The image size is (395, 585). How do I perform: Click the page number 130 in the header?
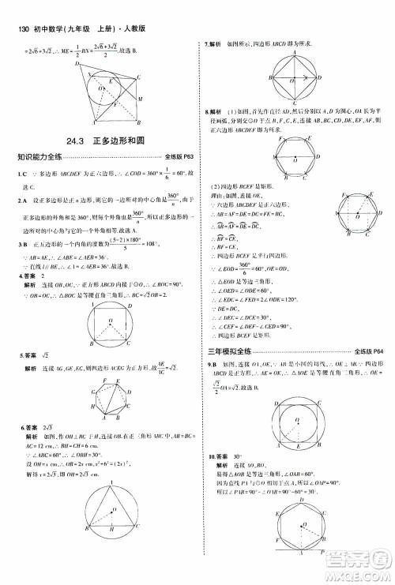pos(18,9)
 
